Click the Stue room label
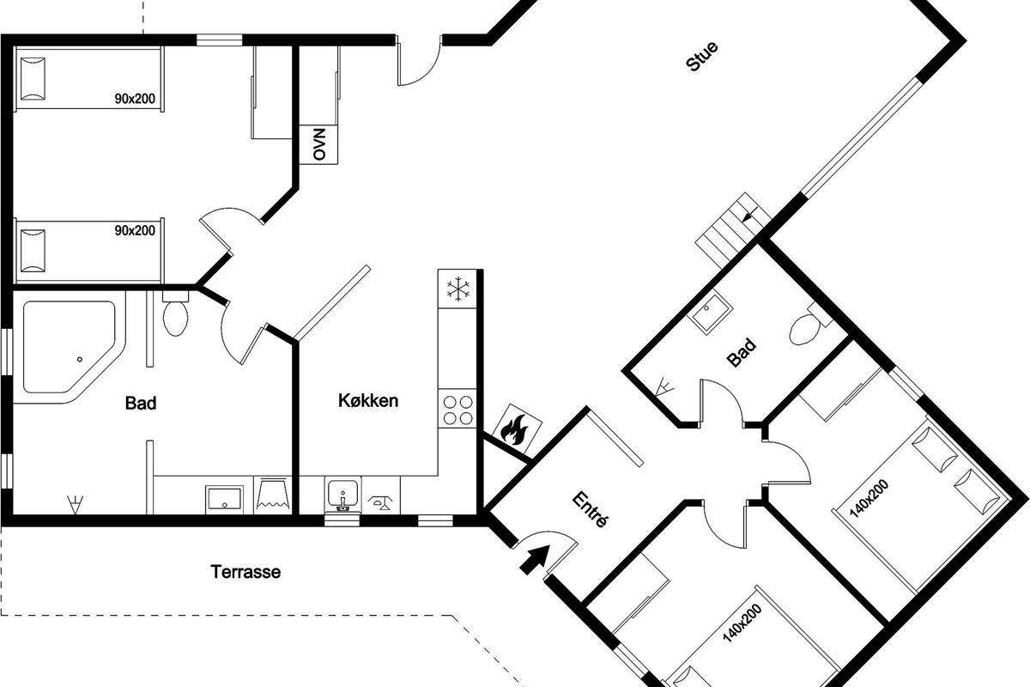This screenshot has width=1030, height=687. [701, 57]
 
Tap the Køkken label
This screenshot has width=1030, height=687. [368, 401]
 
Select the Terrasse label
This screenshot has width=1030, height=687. [245, 572]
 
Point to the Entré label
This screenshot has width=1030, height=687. [591, 510]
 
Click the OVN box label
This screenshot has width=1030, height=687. [318, 144]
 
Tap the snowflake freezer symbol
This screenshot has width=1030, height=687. [458, 290]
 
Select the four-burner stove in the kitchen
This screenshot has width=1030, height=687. [457, 410]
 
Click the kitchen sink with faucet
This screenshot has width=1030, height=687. [342, 495]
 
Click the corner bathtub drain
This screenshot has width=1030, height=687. [80, 359]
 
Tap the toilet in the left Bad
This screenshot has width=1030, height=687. [175, 313]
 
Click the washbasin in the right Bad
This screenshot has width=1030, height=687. [710, 313]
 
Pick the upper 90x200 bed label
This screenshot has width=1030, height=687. [135, 99]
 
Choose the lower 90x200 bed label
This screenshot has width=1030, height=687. [135, 230]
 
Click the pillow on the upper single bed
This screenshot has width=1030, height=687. [33, 79]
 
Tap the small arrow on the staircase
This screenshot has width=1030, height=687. [751, 215]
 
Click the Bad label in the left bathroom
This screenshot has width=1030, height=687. [141, 403]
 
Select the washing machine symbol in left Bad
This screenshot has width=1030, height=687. [272, 495]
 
